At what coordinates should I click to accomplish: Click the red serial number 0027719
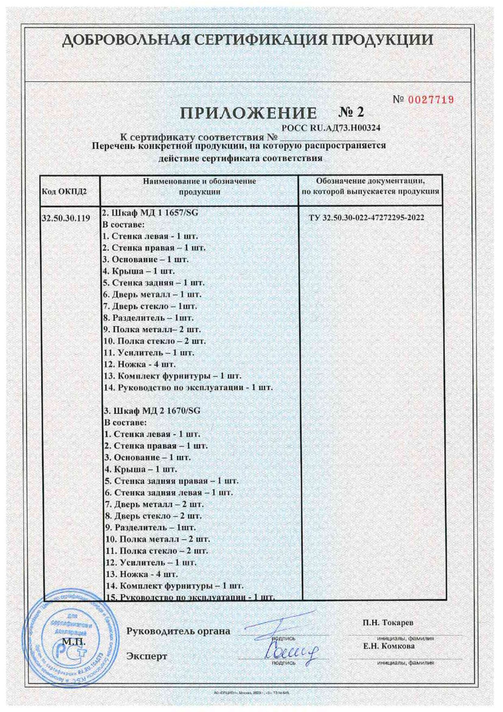430,99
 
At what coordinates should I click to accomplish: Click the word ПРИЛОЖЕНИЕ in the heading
248,113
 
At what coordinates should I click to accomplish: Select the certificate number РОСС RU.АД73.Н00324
331,128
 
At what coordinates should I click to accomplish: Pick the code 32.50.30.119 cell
66,218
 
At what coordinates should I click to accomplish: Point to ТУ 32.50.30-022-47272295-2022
366,218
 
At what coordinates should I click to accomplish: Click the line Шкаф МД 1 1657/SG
151,212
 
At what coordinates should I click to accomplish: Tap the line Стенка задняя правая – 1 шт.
172,481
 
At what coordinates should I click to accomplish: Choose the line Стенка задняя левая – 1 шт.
169,493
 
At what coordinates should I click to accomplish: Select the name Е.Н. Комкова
389,646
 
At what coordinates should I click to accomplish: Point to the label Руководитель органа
178,631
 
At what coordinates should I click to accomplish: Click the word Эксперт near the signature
147,656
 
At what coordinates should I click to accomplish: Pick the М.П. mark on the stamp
73,642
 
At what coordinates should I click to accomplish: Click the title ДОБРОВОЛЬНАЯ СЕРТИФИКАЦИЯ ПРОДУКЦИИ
247,40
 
